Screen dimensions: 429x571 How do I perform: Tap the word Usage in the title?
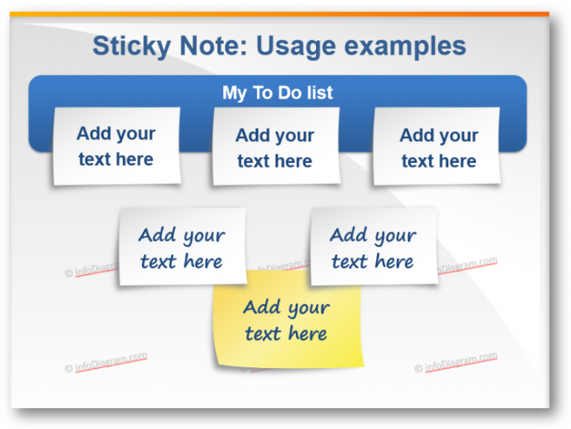pos(291,46)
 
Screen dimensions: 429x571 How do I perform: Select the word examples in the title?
pos(400,46)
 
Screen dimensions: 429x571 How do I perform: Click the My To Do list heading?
pos(277,93)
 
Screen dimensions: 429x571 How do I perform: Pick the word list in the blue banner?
pos(318,93)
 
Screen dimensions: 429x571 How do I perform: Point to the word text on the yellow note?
pos(262,335)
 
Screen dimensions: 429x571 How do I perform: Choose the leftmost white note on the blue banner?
pos(116,146)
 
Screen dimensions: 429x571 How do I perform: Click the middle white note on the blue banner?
pos(276,147)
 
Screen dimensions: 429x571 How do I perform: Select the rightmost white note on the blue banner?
pos(437,147)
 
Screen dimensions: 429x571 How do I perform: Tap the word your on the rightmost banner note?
pos(459,136)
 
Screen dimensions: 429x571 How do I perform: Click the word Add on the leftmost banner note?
pos(94,134)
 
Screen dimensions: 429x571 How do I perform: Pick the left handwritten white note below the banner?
pos(182,248)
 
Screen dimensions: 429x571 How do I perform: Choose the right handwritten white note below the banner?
pos(373,248)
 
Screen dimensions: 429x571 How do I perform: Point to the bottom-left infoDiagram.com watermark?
pos(106,363)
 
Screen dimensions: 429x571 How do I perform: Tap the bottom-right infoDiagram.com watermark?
pos(456,363)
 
